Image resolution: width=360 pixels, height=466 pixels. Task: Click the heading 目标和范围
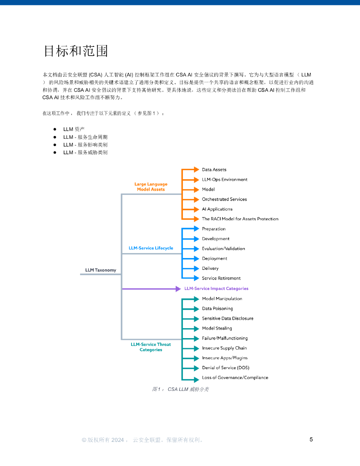76,51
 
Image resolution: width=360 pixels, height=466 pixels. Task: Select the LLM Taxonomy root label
101,270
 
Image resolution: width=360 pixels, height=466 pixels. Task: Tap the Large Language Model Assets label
151,187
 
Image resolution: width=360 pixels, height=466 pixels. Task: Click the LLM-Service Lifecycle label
151,248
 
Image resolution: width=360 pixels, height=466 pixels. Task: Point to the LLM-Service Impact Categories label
216,289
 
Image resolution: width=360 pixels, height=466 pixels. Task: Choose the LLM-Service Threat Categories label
151,347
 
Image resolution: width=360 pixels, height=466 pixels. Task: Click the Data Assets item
214,170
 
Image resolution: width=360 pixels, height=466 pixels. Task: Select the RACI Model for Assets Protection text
240,219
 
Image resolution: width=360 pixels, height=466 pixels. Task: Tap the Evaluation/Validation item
223,248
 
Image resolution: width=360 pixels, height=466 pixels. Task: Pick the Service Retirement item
221,278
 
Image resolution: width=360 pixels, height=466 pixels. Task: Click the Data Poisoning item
217,309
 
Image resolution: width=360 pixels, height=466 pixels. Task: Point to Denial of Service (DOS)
225,368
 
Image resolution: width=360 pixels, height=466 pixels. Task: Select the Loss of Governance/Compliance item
235,378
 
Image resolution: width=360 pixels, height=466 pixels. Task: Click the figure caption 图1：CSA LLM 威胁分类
180,389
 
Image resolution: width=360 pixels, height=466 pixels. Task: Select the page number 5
311,440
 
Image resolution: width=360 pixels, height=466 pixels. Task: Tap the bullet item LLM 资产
74,129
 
